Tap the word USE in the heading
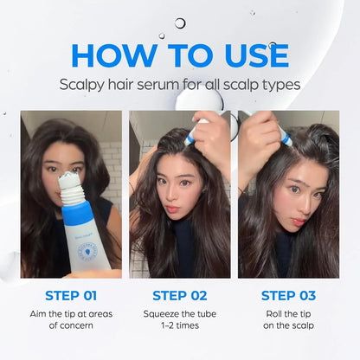coord(247,55)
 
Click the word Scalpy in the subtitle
coord(83,86)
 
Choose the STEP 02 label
coord(179,295)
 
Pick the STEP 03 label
coord(288,295)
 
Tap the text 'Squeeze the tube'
coord(179,313)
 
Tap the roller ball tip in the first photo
coord(70,179)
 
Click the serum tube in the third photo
coord(283,134)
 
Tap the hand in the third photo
coord(257,143)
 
